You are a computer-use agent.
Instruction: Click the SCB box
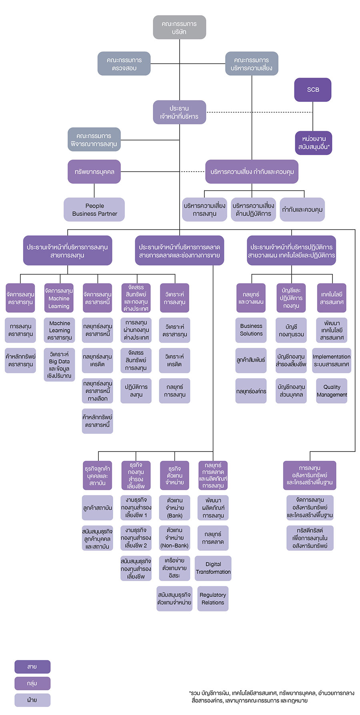pos(313,90)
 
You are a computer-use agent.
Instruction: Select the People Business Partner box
pos(94,210)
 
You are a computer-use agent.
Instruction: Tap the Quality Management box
pos(332,391)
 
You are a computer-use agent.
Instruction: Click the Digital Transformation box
pos(213,568)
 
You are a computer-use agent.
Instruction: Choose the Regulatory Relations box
pos(213,599)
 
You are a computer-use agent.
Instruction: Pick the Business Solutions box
pos(251,330)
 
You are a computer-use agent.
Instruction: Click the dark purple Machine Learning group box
pos(59,298)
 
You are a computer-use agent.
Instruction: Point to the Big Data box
pos(59,365)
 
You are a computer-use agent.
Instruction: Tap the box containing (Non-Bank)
pos(174,538)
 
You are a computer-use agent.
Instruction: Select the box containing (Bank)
pos(174,508)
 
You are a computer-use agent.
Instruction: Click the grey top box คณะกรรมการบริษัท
pos(179,27)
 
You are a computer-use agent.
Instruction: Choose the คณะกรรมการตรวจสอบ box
pos(124,64)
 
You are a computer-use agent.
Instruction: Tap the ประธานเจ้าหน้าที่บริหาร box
pos(179,112)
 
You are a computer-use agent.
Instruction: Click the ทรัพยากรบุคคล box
pos(94,172)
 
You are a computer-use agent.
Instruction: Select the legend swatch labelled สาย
pos(32,667)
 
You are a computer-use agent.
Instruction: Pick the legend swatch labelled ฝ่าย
pos(32,700)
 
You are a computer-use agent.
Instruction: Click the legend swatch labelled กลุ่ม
pos(32,683)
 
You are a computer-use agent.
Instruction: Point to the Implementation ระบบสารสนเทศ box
pos(332,360)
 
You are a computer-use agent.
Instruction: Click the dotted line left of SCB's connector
pos(259,112)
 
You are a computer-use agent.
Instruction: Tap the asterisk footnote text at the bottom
pos(272,697)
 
